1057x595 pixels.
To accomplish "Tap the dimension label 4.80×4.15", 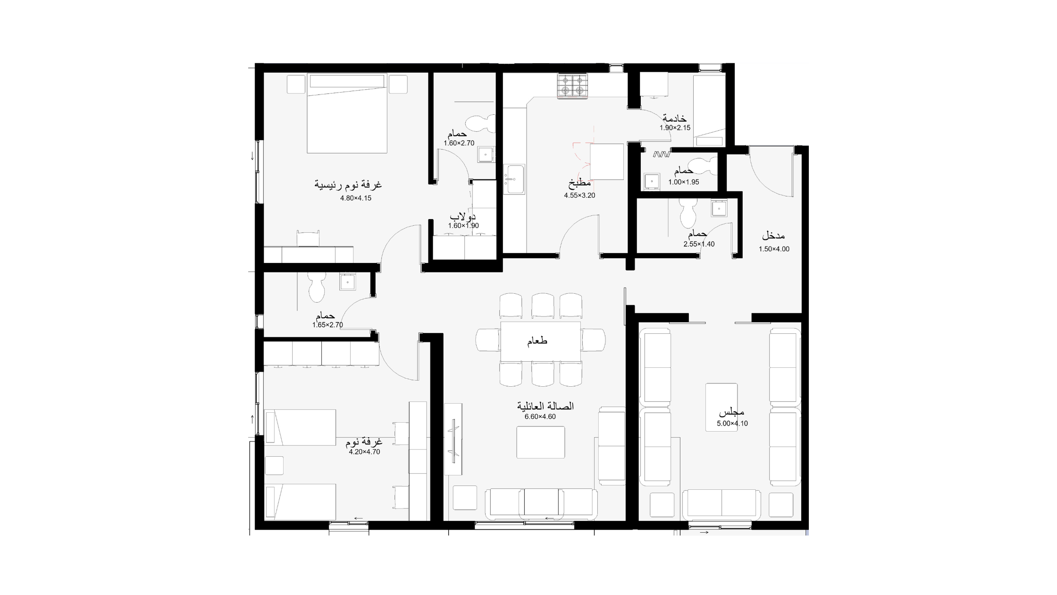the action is (x=356, y=198).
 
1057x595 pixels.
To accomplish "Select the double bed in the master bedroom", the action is (x=347, y=113).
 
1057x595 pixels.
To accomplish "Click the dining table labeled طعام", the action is (x=540, y=341).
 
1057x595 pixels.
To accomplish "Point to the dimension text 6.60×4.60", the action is (x=540, y=416).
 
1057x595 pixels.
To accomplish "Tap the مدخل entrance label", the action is (x=773, y=236).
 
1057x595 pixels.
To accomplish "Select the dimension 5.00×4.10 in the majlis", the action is (x=732, y=424).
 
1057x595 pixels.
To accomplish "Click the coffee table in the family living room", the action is (x=541, y=442).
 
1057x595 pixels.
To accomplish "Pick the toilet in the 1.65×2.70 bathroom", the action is (x=317, y=287).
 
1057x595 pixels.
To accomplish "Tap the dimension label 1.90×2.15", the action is (x=675, y=127).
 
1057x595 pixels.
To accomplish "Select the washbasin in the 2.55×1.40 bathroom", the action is (x=719, y=208).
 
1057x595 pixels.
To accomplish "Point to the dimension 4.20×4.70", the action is (x=364, y=452).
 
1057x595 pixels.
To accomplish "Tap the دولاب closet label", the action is (x=462, y=217).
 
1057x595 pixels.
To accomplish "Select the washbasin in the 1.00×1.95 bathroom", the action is (x=652, y=181).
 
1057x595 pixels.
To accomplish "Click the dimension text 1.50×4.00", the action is (x=774, y=249).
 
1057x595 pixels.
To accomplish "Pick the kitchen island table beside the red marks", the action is (x=607, y=161).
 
